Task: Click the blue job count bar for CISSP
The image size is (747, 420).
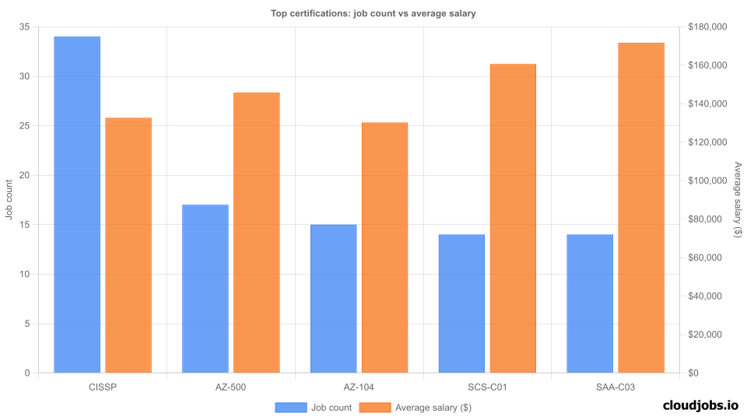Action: coord(77,205)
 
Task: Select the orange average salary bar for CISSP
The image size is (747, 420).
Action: coord(128,245)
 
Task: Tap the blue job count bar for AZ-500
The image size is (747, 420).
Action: coord(205,289)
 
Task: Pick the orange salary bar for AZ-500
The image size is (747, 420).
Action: coord(257,233)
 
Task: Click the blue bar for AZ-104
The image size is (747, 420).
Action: coord(334,299)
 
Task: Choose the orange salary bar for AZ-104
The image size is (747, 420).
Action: coord(384,247)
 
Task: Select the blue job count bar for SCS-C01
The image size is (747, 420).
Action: coord(461,303)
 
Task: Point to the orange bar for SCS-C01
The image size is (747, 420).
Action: coord(513,219)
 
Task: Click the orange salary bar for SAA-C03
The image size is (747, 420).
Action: coord(641,208)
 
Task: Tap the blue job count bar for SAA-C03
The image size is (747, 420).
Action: coord(590,303)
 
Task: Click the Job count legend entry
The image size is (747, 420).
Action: coord(314,407)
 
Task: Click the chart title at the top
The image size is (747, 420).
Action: coord(373,12)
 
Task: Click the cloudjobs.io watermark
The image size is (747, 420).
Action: coord(700,405)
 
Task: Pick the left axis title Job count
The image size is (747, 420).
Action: coord(9,200)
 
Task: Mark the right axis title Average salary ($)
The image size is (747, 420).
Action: coord(738,200)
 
